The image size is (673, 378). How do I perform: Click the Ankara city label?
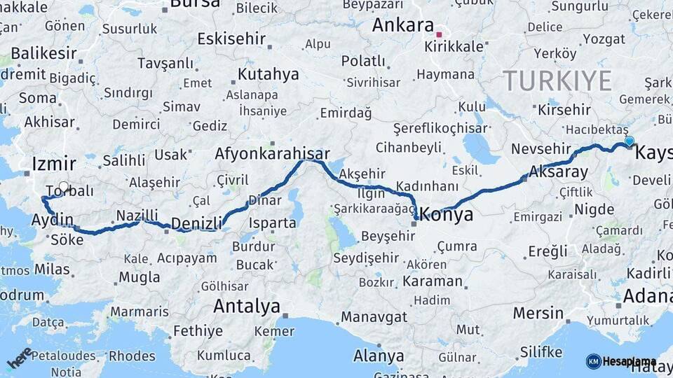pyautogui.click(x=402, y=25)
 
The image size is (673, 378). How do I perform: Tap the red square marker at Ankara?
pyautogui.click(x=440, y=34)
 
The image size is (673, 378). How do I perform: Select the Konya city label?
pyautogui.click(x=447, y=216)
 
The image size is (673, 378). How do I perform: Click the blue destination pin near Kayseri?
pyautogui.click(x=629, y=141)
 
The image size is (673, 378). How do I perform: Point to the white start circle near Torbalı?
pyautogui.click(x=64, y=187)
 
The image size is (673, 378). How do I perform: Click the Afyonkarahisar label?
pyautogui.click(x=273, y=153)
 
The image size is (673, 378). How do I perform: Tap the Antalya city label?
pyautogui.click(x=246, y=306)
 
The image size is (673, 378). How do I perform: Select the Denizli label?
pyautogui.click(x=196, y=223)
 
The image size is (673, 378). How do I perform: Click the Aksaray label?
pyautogui.click(x=559, y=171)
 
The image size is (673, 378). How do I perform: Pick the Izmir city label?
pyautogui.click(x=53, y=164)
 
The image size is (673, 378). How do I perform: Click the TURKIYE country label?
pyautogui.click(x=557, y=80)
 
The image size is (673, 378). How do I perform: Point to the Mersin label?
pyautogui.click(x=538, y=313)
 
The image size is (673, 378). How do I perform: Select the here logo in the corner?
pyautogui.click(x=19, y=358)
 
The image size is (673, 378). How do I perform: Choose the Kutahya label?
pyautogui.click(x=268, y=74)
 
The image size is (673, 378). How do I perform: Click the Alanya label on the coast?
pyautogui.click(x=379, y=356)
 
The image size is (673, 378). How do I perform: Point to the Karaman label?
pyautogui.click(x=433, y=282)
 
